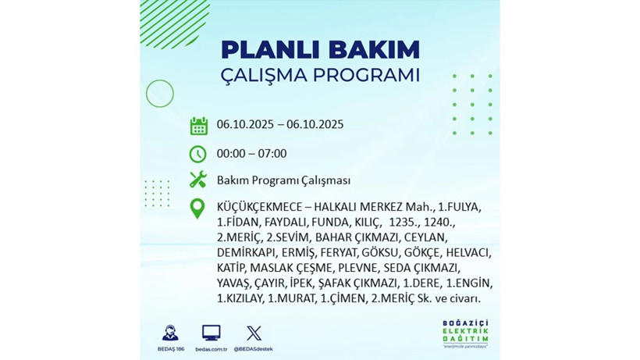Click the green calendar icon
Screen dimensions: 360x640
pos(198,126)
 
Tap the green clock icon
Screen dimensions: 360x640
pos(198,154)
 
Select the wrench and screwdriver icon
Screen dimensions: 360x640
pos(198,180)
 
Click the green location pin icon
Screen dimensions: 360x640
pos(198,209)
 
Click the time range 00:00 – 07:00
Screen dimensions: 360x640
pos(251,154)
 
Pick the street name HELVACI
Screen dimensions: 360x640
pos(471,252)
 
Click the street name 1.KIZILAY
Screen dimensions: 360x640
pos(240,298)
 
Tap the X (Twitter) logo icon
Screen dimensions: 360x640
pos(254,333)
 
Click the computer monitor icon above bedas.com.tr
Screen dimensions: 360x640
pos(211,333)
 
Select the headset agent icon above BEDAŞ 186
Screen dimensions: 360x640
pos(169,333)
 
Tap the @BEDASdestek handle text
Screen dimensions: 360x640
pos(254,349)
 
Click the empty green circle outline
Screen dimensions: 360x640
pos(160,94)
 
